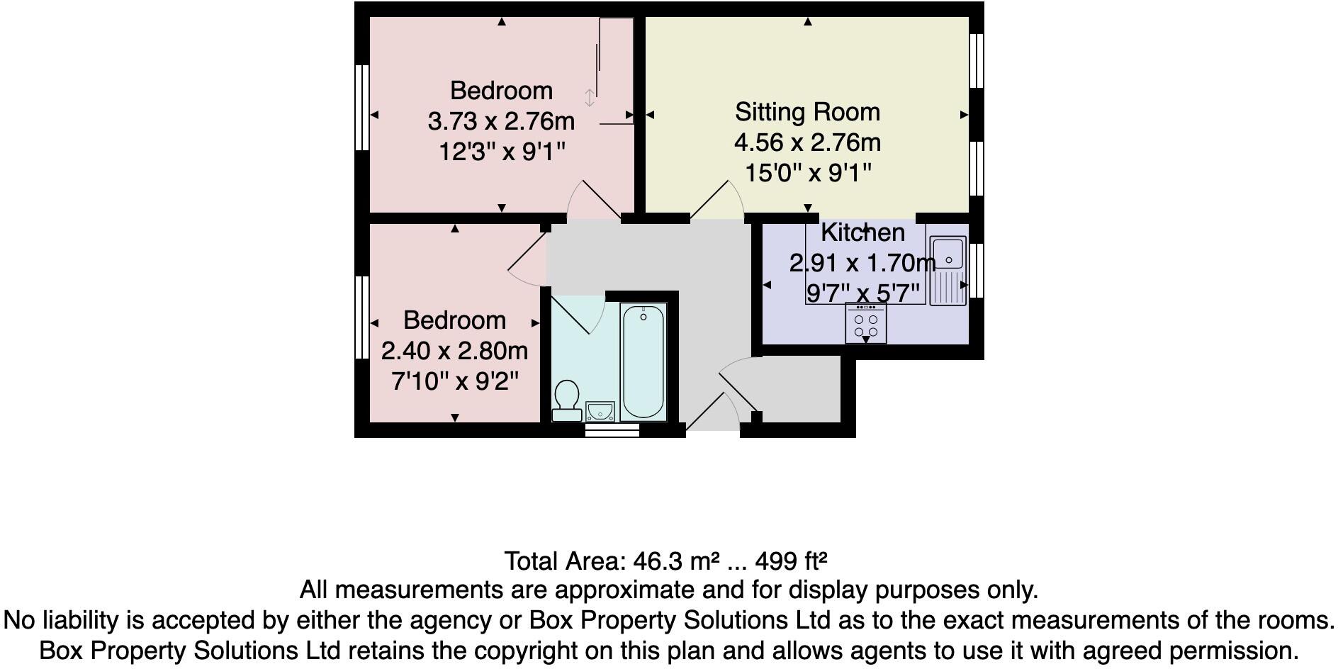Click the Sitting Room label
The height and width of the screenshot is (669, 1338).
807,112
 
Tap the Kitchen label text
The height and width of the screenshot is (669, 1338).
862,232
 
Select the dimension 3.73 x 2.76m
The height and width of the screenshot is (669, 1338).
501,121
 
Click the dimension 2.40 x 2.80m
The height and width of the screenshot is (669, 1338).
454,351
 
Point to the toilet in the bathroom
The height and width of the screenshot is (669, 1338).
566,401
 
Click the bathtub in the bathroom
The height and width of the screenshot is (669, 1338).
643,362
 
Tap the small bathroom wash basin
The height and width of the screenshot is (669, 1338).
600,411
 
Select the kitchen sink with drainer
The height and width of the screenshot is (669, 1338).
948,270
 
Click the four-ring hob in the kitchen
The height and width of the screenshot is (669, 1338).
865,324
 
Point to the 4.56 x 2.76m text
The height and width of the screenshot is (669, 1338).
807,142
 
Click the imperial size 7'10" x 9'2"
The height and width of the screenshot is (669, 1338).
454,382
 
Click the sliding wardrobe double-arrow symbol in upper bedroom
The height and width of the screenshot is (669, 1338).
590,99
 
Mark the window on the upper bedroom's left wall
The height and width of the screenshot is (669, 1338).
361,107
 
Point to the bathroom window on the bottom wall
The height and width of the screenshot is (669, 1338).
612,429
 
